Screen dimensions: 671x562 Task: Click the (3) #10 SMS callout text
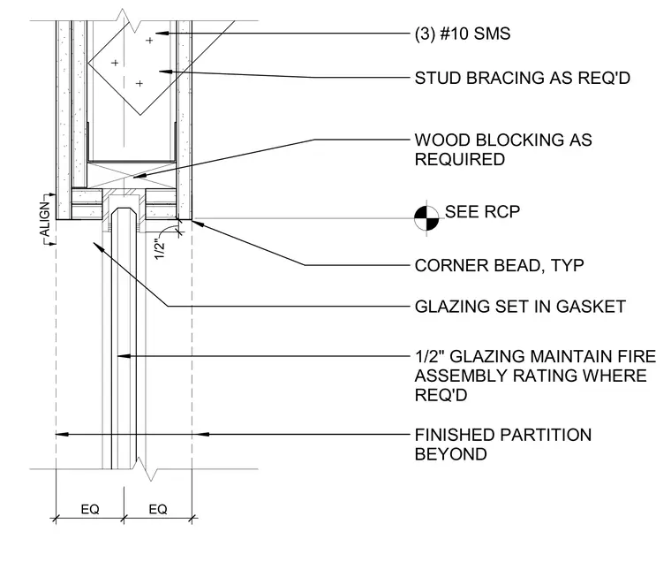coord(463,34)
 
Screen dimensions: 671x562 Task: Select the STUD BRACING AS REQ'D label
coord(523,78)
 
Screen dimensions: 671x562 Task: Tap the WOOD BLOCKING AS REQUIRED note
coord(503,149)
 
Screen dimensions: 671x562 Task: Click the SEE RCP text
coord(482,211)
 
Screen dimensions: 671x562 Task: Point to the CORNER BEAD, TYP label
coord(500,266)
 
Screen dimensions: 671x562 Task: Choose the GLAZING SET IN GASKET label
coord(520,307)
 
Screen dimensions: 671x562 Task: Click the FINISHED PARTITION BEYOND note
coord(503,444)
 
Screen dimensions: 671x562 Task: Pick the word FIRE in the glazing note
coord(639,356)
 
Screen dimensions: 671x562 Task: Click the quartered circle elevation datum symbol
coord(426,218)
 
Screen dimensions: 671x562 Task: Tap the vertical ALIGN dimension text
coord(45,219)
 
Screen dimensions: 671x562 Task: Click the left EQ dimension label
coord(90,509)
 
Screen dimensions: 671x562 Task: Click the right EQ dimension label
coord(158,509)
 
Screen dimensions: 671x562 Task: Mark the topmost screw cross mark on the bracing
coord(149,41)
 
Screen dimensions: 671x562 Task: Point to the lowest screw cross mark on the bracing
coord(139,84)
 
